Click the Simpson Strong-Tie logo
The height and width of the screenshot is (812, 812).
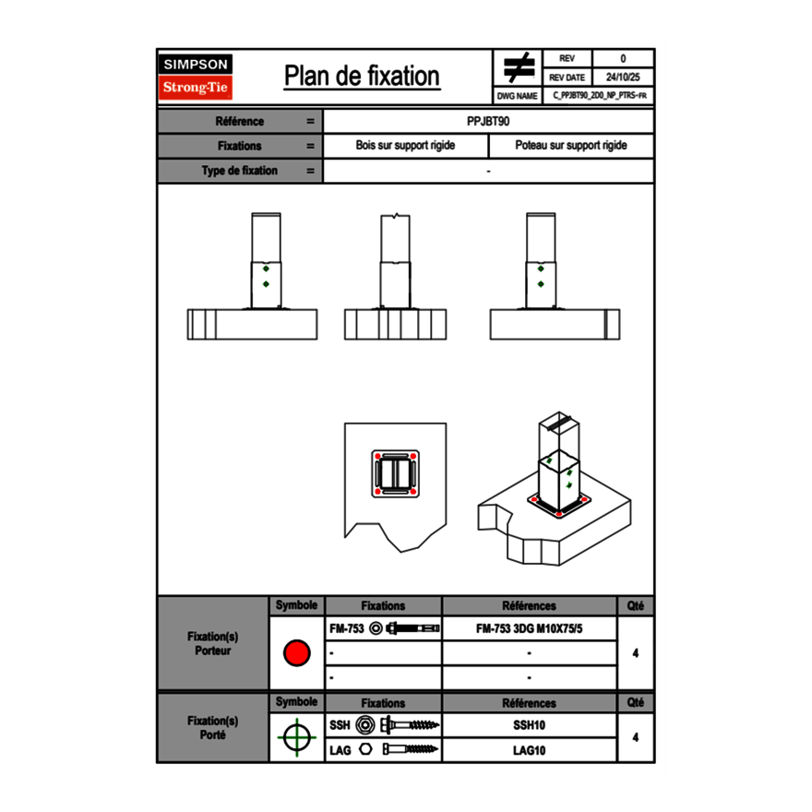196,77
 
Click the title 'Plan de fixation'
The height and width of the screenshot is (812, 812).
362,76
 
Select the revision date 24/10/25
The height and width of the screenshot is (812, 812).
623,78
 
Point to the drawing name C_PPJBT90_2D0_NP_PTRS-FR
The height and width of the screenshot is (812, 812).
599,95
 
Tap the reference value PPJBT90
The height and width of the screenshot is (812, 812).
488,121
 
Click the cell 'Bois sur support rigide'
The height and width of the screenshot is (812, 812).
405,146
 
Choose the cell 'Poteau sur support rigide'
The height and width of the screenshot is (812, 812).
570,146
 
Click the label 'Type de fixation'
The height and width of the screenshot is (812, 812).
239,171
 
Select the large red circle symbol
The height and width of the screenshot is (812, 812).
296,653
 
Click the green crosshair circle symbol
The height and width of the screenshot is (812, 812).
296,737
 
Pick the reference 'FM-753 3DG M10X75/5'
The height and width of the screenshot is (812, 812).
529,628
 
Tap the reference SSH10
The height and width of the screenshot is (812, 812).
529,725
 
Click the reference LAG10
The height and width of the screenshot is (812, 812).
529,750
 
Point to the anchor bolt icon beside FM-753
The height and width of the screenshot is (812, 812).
414,628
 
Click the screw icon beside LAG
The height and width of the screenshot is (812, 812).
412,750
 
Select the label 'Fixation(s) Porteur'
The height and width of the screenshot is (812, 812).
212,643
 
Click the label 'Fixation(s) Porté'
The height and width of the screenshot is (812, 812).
212,728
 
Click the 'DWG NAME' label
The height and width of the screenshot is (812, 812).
517,95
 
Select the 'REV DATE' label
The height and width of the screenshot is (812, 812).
569,78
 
